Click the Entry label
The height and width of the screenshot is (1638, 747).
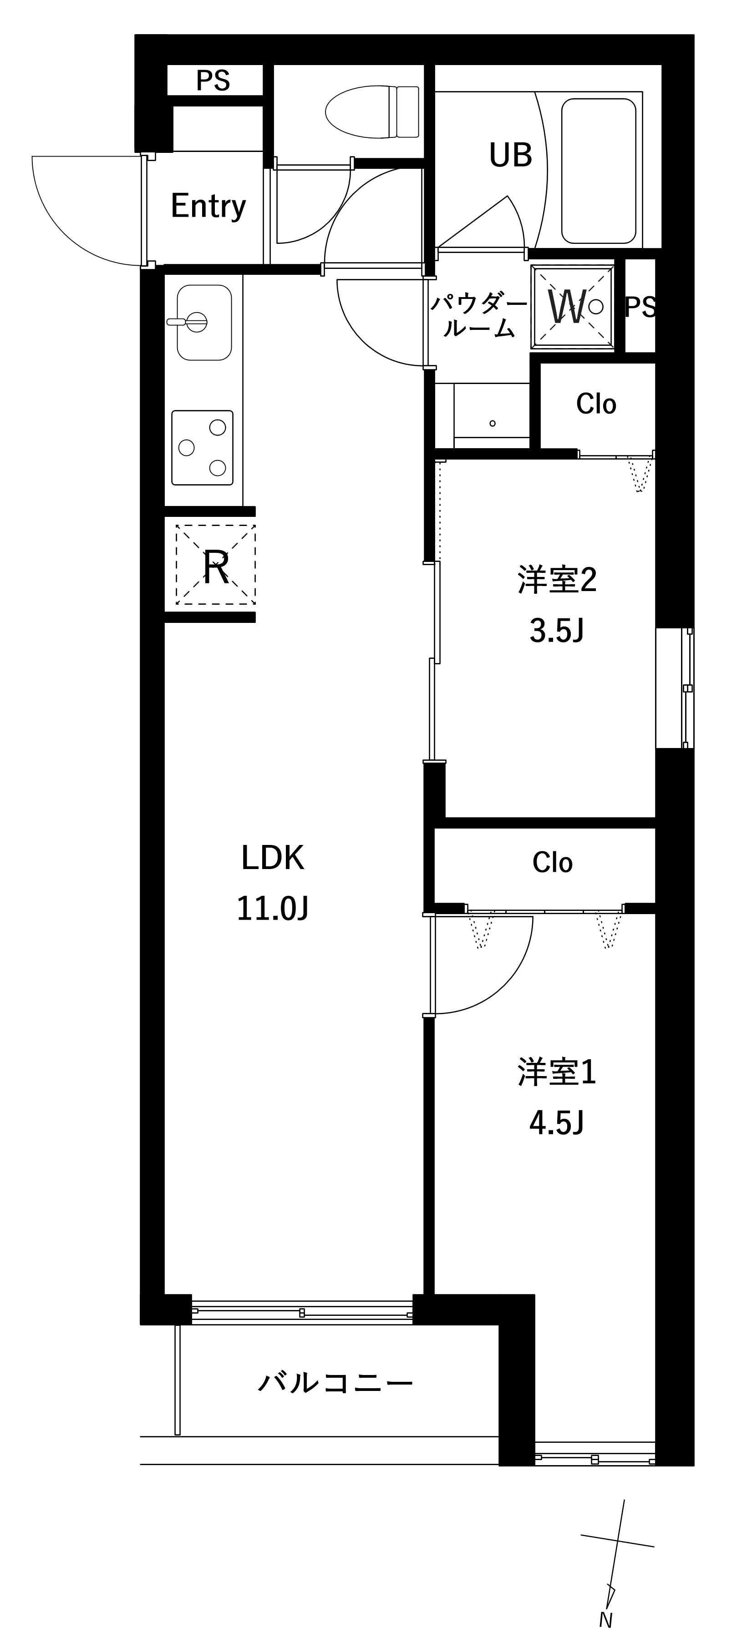[208, 206]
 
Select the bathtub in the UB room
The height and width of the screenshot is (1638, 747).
[598, 171]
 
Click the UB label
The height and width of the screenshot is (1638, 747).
[510, 155]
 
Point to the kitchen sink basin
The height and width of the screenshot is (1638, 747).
[203, 322]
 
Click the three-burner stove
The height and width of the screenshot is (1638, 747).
[202, 448]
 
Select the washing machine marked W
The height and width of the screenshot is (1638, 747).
[573, 307]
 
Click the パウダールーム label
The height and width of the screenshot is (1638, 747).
[478, 316]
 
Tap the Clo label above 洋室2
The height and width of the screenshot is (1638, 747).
[596, 404]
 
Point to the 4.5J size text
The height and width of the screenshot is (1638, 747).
[557, 1123]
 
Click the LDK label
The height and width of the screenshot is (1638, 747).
[273, 858]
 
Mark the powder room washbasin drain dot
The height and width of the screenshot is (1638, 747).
[493, 423]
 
